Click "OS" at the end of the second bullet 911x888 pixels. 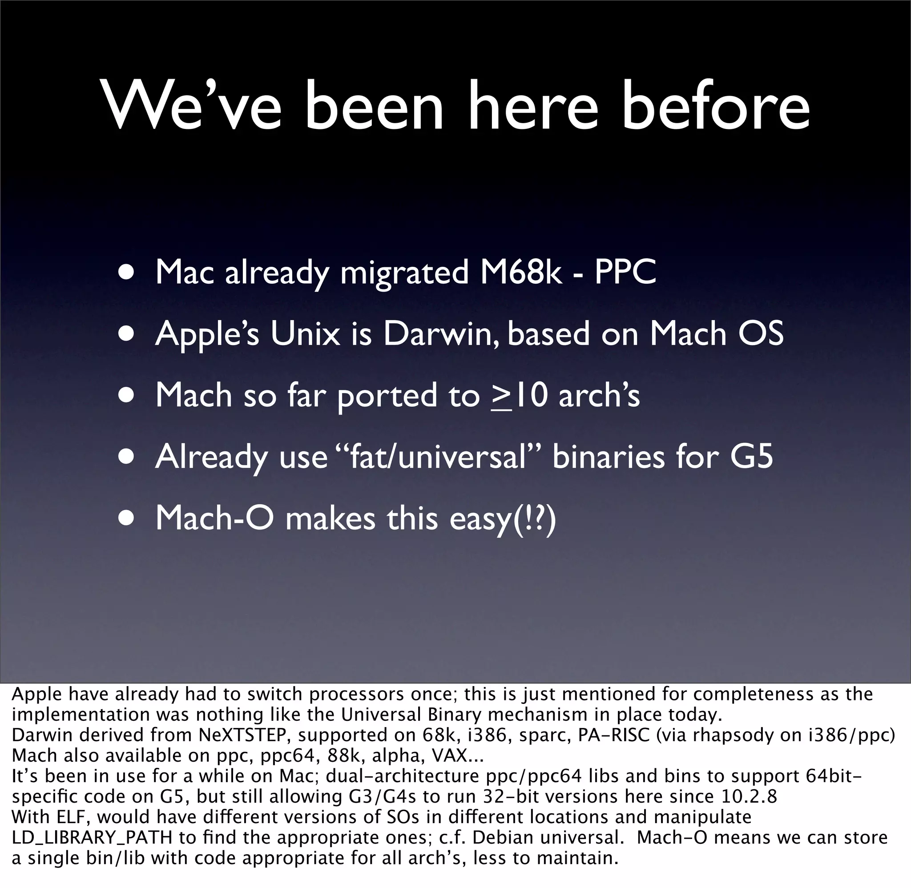coord(763,334)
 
